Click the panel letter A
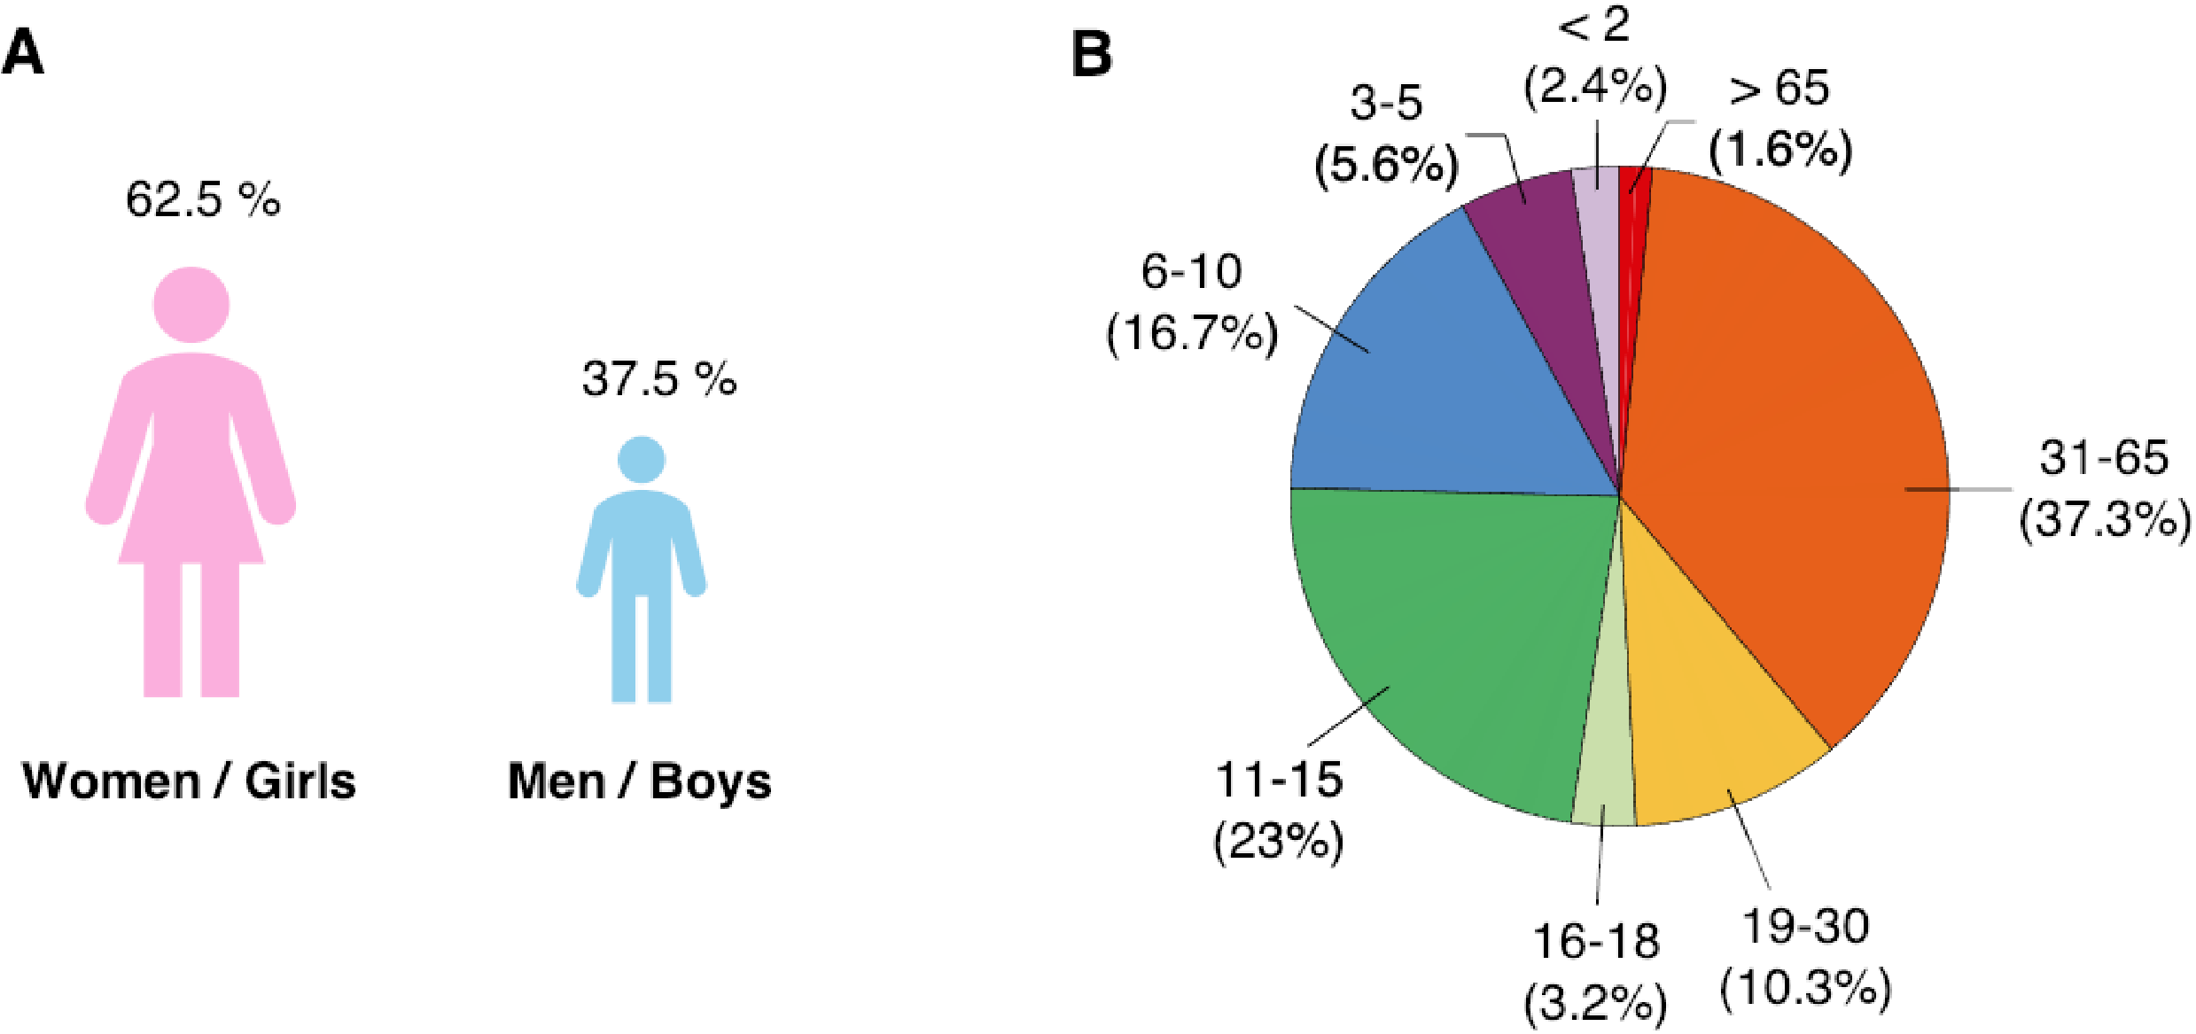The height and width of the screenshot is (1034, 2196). tap(23, 53)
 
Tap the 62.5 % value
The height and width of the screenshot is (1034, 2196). tap(203, 199)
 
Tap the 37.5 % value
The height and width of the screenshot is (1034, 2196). tap(659, 379)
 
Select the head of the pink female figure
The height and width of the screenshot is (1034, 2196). tap(191, 305)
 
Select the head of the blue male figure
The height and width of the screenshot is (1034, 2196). tap(641, 460)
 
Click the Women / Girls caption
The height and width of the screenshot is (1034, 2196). tap(189, 781)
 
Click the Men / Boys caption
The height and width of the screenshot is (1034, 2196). tap(639, 781)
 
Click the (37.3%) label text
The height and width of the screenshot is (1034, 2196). tap(2105, 519)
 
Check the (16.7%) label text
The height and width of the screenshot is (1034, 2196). tap(1192, 333)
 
